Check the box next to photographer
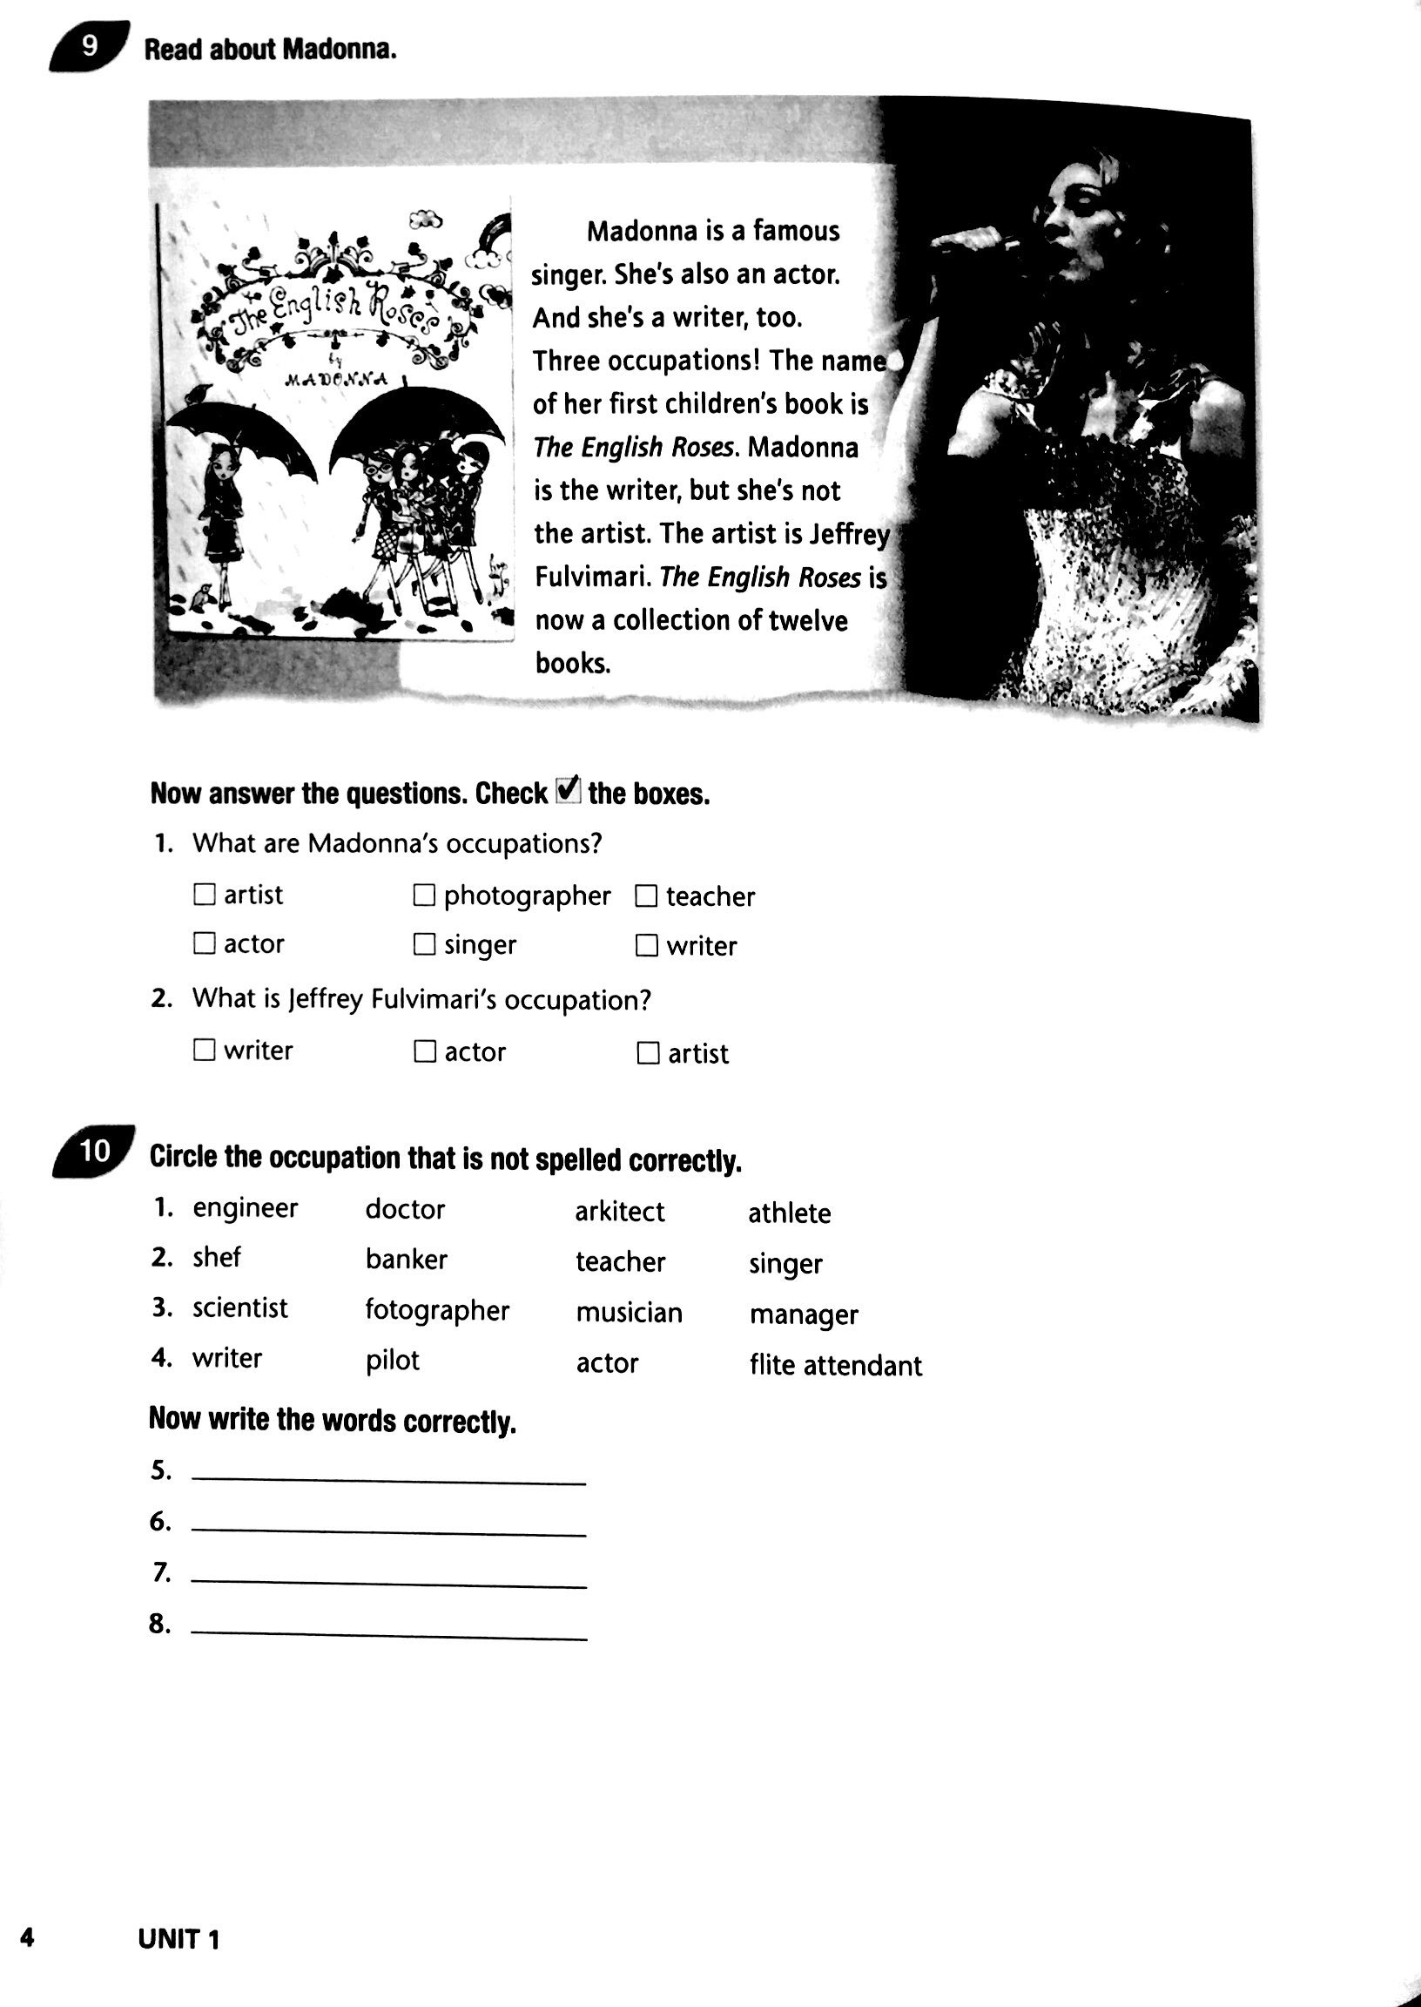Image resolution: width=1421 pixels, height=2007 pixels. click(424, 895)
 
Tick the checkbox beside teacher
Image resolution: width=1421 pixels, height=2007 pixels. click(646, 896)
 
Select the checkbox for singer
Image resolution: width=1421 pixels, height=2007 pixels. click(424, 944)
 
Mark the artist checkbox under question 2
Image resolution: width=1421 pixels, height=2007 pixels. click(648, 1053)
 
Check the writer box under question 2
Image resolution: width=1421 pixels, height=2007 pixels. click(204, 1050)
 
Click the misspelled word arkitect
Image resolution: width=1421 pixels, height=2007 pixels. click(618, 1212)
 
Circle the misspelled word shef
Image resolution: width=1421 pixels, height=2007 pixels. click(216, 1257)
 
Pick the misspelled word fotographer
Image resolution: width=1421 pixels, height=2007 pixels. click(436, 1309)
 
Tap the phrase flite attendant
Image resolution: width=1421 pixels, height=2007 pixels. click(835, 1365)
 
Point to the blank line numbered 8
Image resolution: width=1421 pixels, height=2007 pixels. click(387, 1635)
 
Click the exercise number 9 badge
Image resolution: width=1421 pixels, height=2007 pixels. click(90, 46)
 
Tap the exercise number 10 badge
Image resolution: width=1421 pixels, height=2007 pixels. click(95, 1152)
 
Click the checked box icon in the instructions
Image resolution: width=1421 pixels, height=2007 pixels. click(567, 791)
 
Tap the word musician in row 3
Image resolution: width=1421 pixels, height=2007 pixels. click(629, 1313)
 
